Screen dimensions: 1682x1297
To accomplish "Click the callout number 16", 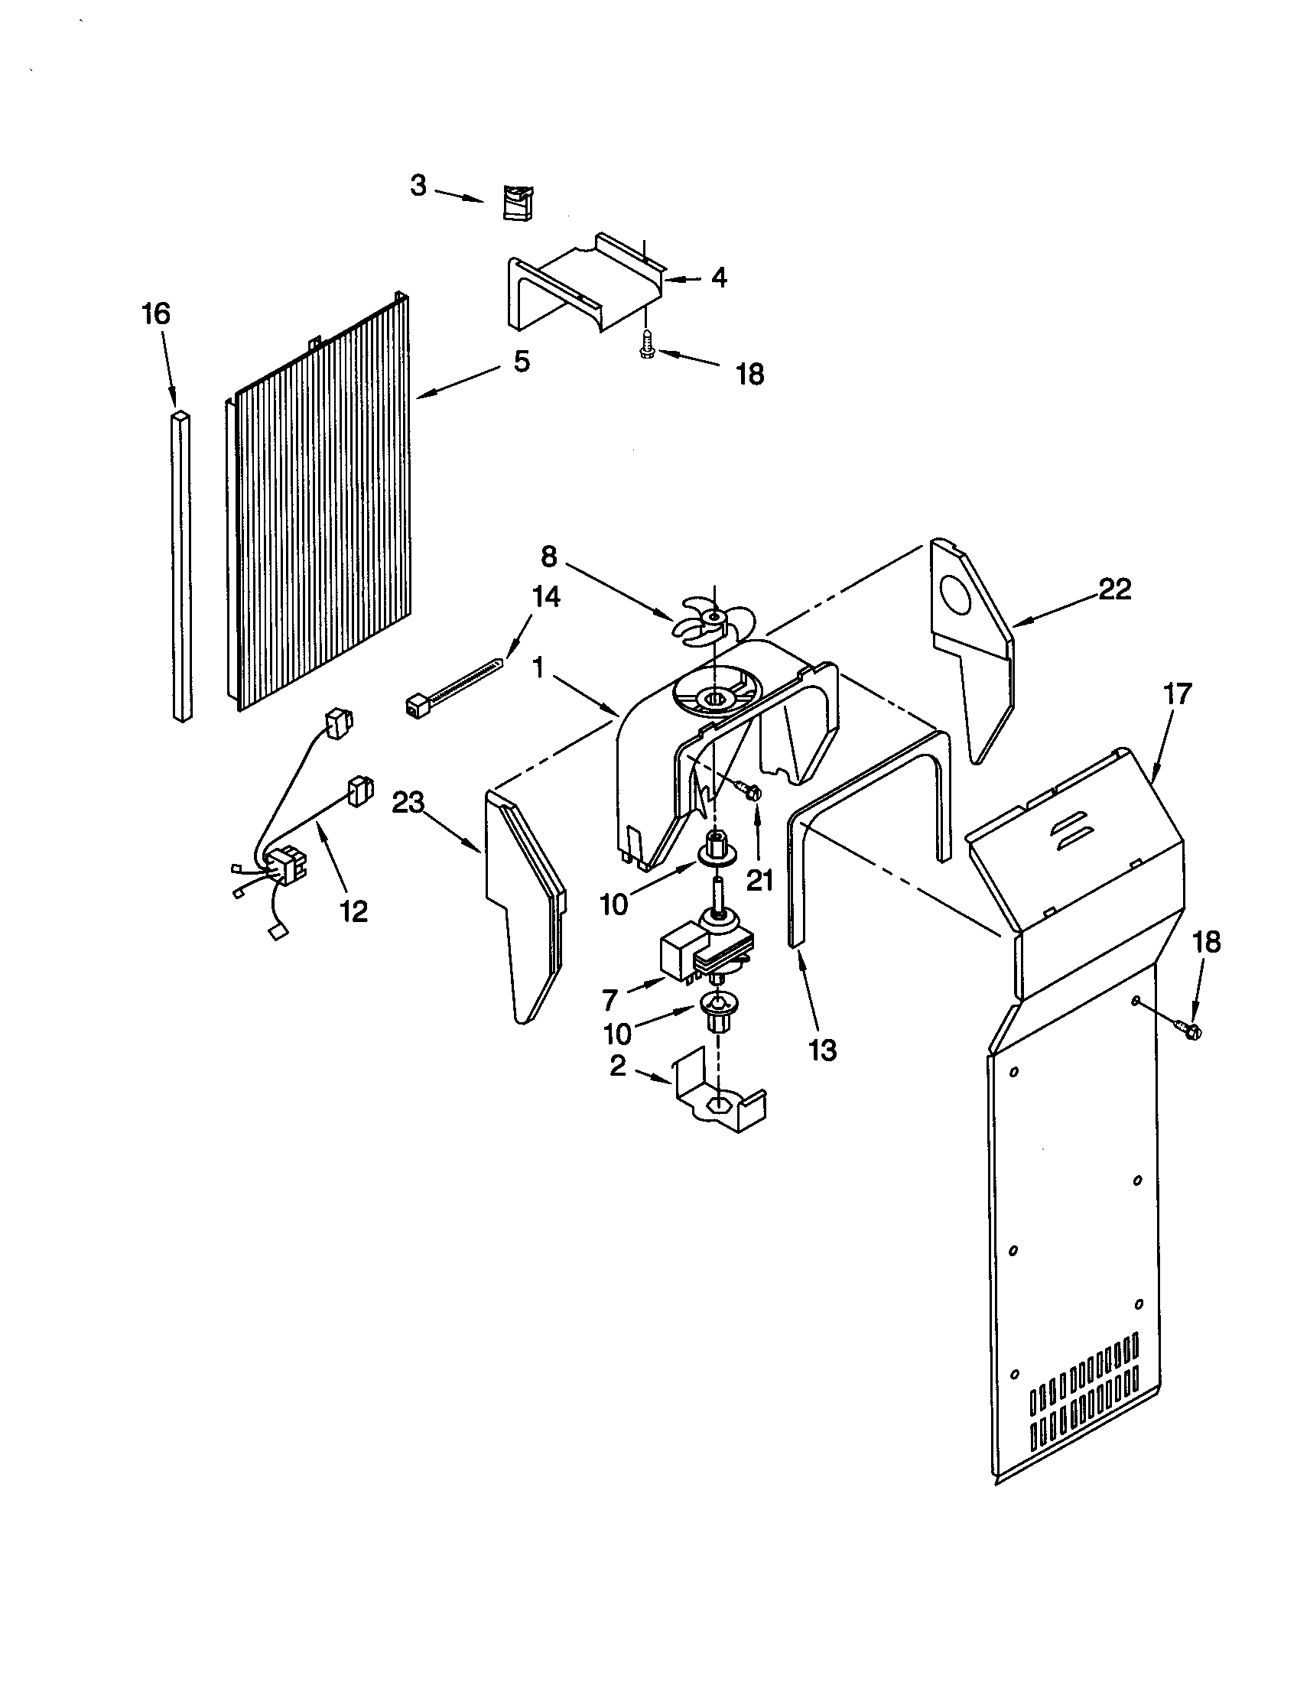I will [x=156, y=314].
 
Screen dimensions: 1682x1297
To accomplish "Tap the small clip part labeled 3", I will [x=518, y=202].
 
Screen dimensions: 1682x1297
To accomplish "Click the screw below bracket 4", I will [x=647, y=343].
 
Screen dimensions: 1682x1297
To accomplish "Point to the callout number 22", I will [x=1113, y=589].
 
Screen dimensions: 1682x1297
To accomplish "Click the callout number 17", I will [x=1176, y=694].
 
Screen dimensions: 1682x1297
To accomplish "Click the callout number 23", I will [x=408, y=804].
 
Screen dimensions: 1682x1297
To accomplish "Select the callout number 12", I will [x=353, y=911].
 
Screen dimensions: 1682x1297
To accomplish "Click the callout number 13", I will [x=823, y=1050].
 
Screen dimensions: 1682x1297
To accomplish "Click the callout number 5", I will [x=522, y=362].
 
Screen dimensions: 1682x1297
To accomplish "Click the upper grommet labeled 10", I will [x=715, y=846].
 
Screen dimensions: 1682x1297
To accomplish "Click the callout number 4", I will [x=718, y=278].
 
